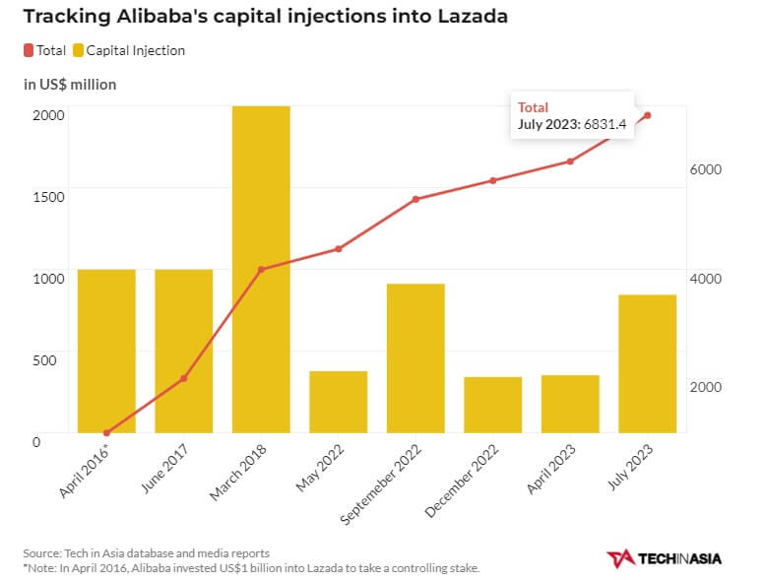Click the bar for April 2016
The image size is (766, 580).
(106, 350)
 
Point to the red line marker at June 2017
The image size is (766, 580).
(183, 378)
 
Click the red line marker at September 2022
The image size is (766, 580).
(415, 199)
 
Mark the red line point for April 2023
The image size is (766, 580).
(570, 161)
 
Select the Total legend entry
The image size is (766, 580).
(45, 50)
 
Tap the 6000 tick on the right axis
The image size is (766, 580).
(706, 169)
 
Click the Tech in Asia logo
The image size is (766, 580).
(664, 558)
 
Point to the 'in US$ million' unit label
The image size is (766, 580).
(70, 85)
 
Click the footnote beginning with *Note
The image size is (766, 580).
(251, 568)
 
